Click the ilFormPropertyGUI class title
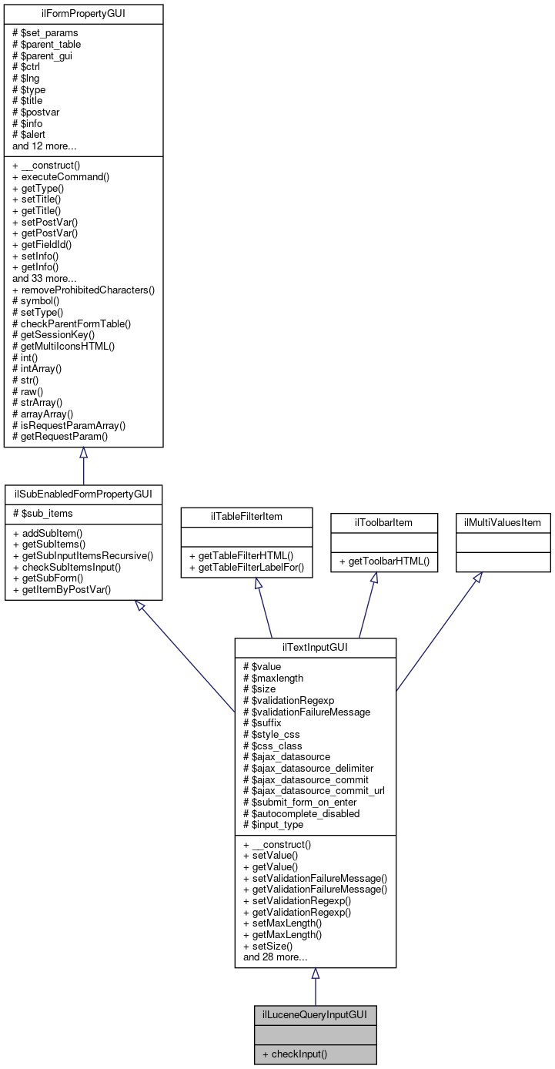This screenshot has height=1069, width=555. pos(83,13)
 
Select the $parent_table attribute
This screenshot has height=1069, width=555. pos(47,44)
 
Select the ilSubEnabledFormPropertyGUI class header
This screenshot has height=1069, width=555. pos(83,492)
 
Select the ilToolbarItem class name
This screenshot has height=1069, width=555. pos(373,522)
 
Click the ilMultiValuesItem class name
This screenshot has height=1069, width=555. pos(503,522)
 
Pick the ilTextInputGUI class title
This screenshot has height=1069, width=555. pos(315,647)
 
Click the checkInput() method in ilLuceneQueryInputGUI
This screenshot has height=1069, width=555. pos(295,1054)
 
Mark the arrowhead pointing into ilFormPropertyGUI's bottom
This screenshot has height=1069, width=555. pos(83,454)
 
